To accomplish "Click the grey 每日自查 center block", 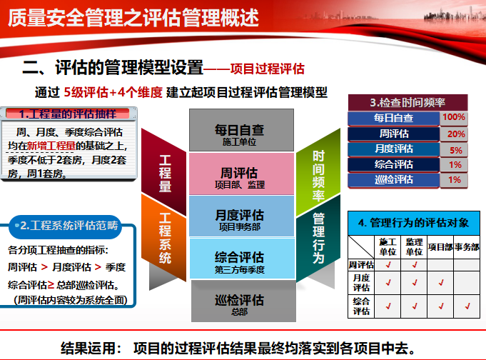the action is (x=241, y=130).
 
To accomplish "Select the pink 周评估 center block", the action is (x=241, y=174).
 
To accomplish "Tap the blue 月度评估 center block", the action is (x=241, y=216).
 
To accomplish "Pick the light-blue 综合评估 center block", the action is (x=242, y=259).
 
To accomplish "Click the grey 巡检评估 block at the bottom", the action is (x=243, y=301).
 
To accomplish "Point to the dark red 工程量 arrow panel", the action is (x=163, y=172).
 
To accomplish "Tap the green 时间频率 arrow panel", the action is (x=318, y=172).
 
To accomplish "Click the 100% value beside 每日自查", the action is (x=454, y=117).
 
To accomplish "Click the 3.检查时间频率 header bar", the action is (x=407, y=102).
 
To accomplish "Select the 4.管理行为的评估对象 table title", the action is (x=414, y=223).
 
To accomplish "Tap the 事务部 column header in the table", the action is (x=467, y=247).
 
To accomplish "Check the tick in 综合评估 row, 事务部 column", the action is (x=467, y=306).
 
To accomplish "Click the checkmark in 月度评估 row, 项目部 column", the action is (x=440, y=283).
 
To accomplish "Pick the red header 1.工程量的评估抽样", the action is (x=68, y=114).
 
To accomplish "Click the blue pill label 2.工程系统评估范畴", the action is (x=66, y=226).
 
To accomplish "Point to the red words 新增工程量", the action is (x=51, y=146).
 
